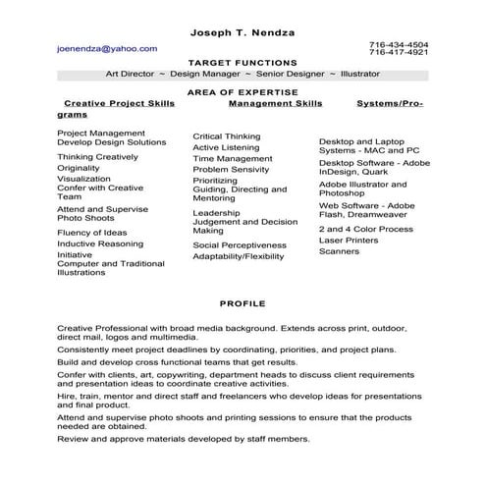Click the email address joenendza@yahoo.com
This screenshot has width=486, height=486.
(x=107, y=47)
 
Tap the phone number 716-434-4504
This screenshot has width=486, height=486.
(x=399, y=44)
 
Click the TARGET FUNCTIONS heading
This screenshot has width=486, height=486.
(x=242, y=61)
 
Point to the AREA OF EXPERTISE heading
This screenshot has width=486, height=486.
(x=242, y=89)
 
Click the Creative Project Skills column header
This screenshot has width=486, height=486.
(x=119, y=102)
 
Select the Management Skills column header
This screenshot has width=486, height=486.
(x=275, y=102)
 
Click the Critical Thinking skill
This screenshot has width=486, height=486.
(x=227, y=136)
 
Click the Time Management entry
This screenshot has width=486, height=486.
(x=233, y=158)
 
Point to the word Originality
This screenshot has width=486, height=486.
(x=79, y=168)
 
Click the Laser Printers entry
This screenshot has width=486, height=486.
(x=349, y=240)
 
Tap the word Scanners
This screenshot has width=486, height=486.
(x=339, y=251)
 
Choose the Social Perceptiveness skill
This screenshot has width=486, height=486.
(x=240, y=244)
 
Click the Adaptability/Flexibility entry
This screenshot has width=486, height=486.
(x=239, y=256)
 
